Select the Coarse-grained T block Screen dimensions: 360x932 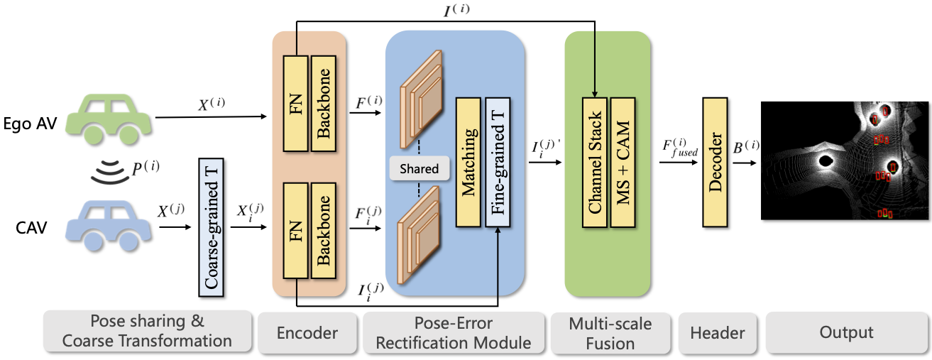[211, 228]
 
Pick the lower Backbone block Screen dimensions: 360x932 [325, 230]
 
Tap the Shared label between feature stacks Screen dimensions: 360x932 [420, 169]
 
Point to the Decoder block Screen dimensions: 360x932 [714, 163]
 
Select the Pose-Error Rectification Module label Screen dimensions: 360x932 [454, 332]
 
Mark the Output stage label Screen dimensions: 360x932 [846, 332]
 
